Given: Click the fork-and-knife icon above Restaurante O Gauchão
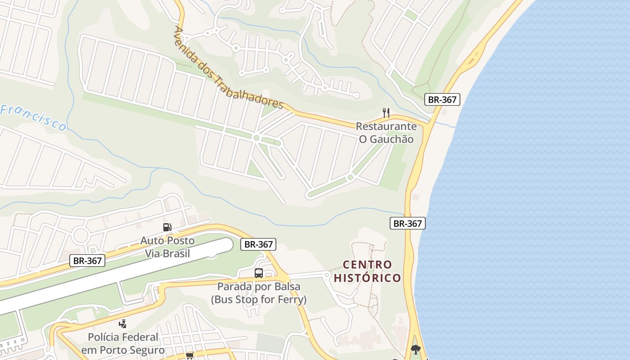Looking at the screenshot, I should [386, 112].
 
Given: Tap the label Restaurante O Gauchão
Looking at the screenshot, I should [386, 133].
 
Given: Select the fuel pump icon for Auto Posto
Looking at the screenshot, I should [167, 227].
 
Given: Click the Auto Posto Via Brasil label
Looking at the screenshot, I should [167, 247].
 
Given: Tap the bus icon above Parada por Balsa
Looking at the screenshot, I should [259, 273].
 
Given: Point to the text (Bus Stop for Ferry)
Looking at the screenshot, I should [259, 299].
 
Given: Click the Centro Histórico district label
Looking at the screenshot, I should [367, 271].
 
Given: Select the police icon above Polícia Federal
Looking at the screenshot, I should [122, 324].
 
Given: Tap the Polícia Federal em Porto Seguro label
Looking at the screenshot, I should [123, 343].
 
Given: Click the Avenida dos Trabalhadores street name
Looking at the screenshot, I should [227, 68].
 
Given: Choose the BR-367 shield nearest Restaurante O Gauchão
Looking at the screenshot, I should [442, 99].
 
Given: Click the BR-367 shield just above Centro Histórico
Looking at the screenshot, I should [407, 223].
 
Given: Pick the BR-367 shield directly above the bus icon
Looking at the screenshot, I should [258, 244].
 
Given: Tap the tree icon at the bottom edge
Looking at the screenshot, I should [415, 349].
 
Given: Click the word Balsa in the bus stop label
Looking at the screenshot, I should [288, 287].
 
